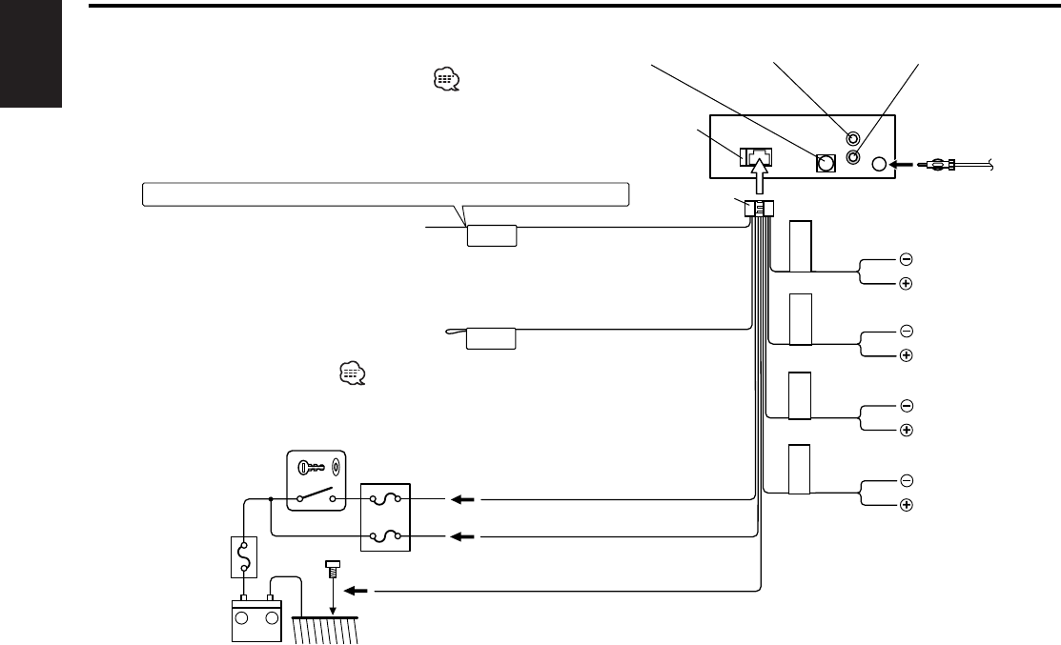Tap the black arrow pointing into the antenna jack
(x=901, y=165)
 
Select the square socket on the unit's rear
(x=825, y=163)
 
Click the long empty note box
(x=385, y=194)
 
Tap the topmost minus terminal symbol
(x=906, y=258)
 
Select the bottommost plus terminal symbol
(x=906, y=503)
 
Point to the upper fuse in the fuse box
(x=385, y=498)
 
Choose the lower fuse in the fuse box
(x=385, y=536)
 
